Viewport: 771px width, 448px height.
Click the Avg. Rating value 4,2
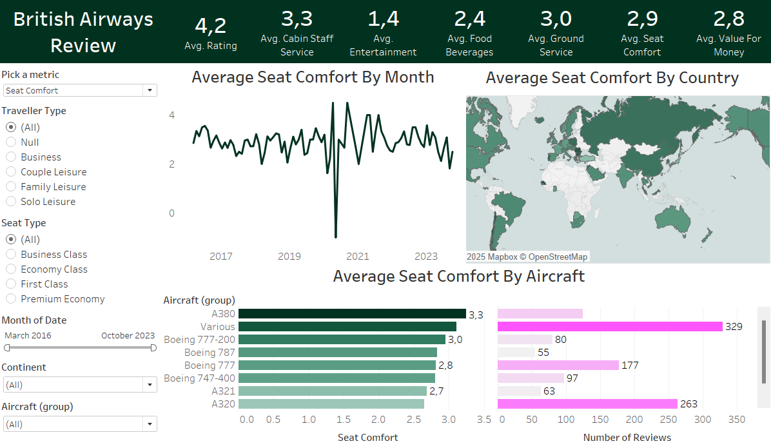tap(210, 25)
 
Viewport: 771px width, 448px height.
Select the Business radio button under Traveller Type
tap(11, 157)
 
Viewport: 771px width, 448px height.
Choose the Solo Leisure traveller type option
tap(11, 201)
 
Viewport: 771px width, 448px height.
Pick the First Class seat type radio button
tap(11, 284)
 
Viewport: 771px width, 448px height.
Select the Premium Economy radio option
tap(11, 298)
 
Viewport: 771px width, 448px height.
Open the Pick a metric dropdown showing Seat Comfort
tap(80, 90)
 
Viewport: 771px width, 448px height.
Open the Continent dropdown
tap(80, 385)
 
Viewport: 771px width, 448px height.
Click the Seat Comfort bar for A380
tap(352, 314)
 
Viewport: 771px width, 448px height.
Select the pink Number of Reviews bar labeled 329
tap(610, 327)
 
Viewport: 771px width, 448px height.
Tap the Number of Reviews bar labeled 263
tap(587, 404)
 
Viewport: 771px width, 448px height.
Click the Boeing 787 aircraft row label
tap(210, 353)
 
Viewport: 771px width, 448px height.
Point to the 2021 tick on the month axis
tap(358, 257)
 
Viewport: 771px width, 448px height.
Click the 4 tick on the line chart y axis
tap(171, 115)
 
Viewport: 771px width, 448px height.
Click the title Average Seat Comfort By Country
tap(612, 78)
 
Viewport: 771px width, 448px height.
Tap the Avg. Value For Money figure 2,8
tap(728, 19)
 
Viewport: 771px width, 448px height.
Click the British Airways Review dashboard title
tap(83, 32)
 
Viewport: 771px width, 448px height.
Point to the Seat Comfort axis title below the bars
tap(367, 438)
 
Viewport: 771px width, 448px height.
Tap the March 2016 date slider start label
tap(28, 335)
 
